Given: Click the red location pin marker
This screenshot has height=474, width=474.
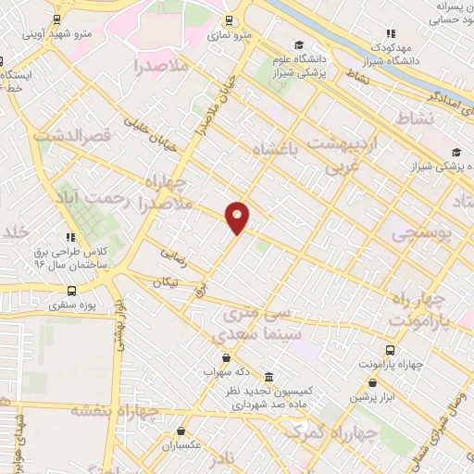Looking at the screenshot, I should coord(238,218).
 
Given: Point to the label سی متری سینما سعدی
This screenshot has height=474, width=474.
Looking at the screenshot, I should coord(256,323).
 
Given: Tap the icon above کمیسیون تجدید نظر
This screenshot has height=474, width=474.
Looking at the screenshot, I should coord(268,378).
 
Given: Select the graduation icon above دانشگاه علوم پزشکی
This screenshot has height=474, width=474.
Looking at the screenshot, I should coord(299,45).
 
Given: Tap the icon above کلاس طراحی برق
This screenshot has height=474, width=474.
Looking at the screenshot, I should coord(71,237).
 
